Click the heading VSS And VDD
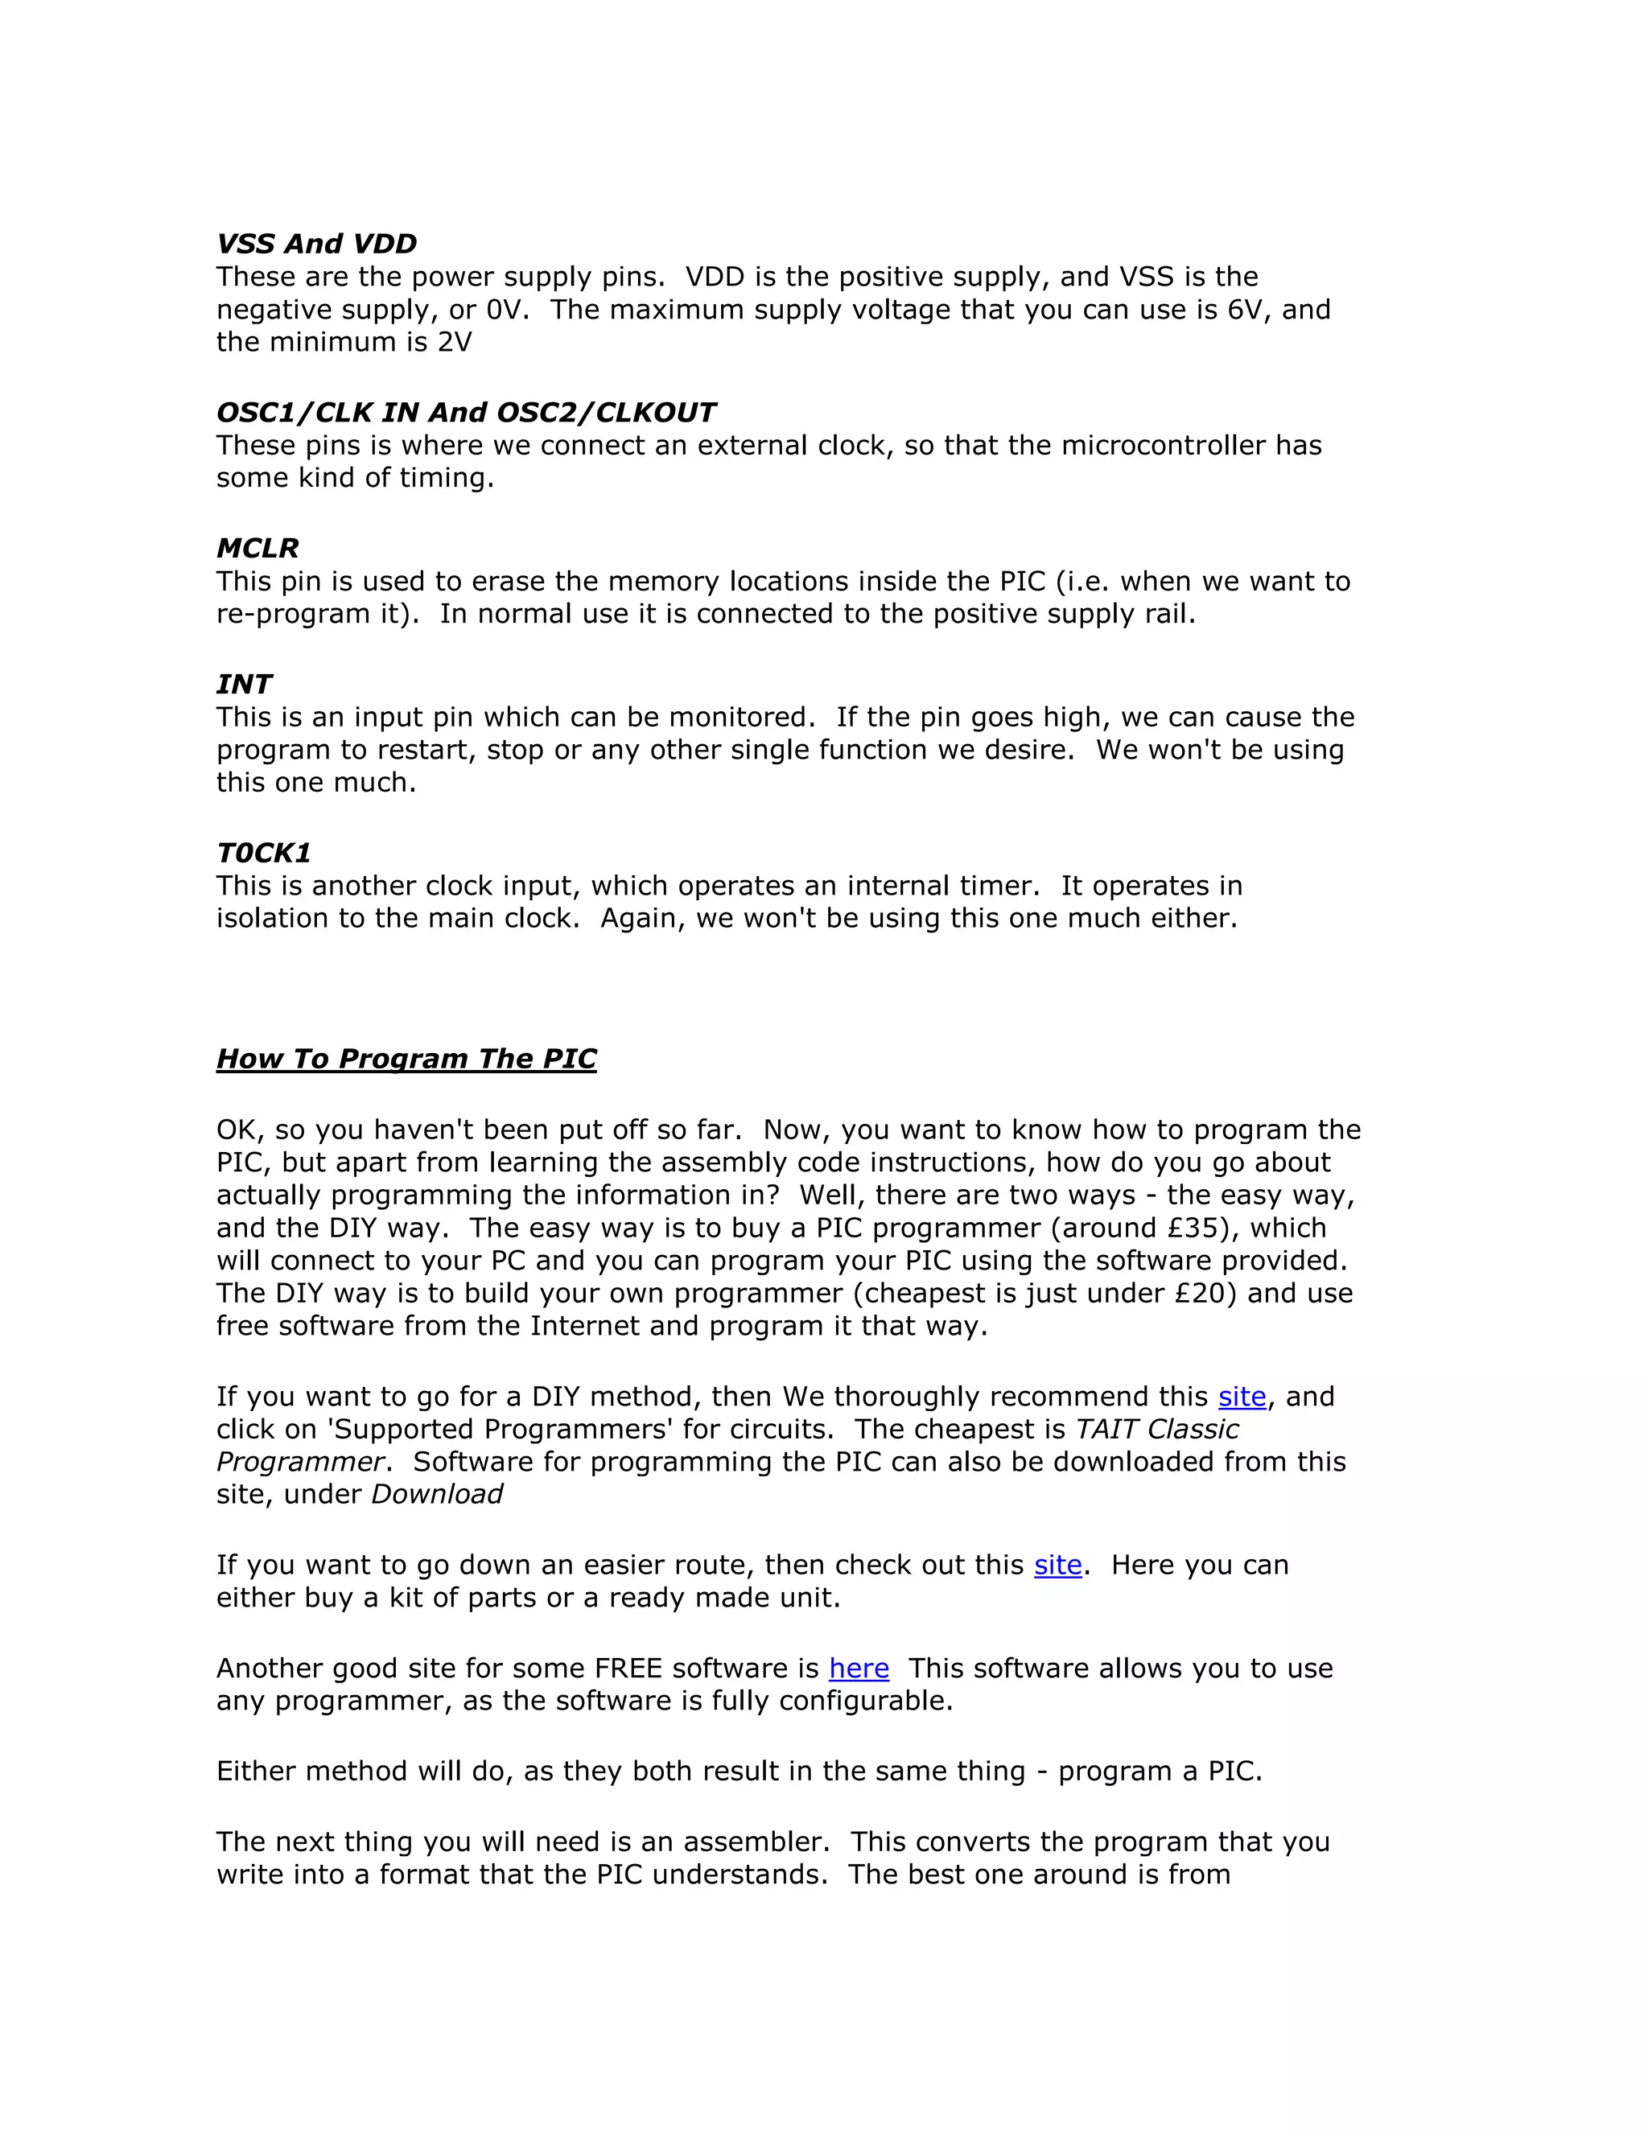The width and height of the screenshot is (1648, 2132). click(316, 244)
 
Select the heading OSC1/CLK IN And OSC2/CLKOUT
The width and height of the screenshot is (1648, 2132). click(466, 413)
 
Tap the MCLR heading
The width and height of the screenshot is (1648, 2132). click(257, 549)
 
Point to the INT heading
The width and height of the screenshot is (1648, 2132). click(244, 685)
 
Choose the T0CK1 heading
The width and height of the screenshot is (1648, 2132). click(264, 853)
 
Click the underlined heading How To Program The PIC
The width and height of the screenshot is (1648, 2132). click(406, 1060)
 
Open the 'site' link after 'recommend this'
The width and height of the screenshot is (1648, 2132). click(1242, 1397)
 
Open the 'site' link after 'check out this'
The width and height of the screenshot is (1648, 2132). click(1058, 1566)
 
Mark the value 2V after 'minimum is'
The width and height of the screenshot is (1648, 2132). click(454, 343)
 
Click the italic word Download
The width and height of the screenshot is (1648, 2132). click(436, 1495)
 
